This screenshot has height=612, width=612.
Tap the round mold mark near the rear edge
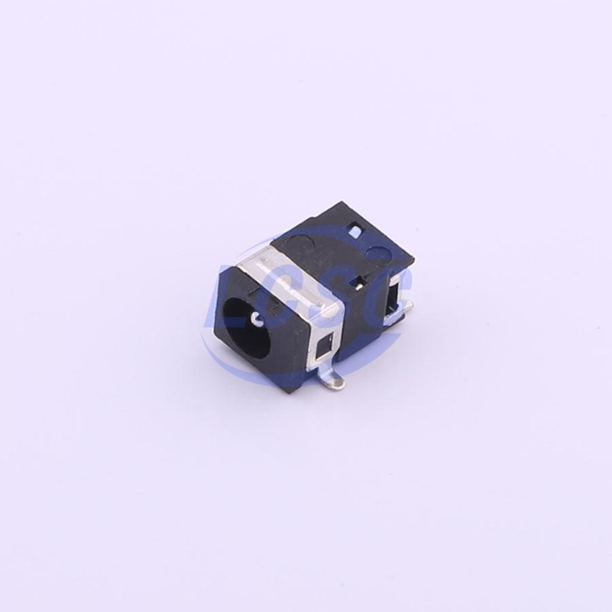[379, 254]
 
